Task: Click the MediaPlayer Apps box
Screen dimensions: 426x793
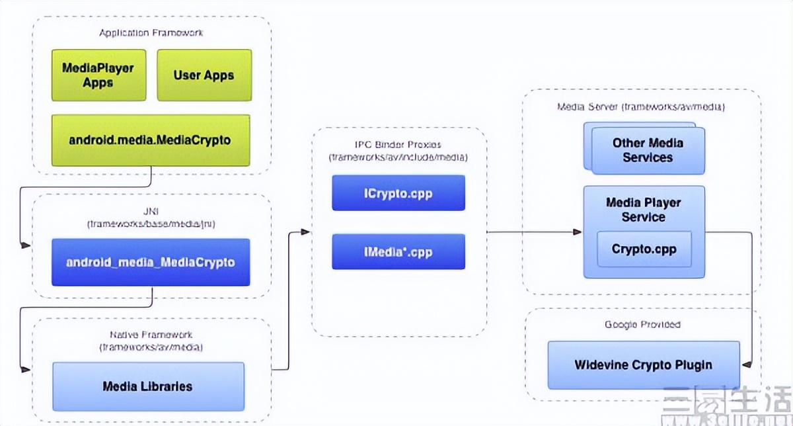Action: (x=98, y=75)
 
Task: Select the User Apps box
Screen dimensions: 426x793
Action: (x=204, y=75)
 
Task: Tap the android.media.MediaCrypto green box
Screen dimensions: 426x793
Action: (x=151, y=140)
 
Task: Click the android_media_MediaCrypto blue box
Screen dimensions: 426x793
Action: (x=151, y=262)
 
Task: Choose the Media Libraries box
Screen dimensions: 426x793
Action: (x=148, y=386)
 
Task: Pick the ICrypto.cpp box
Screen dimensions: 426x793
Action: (x=398, y=192)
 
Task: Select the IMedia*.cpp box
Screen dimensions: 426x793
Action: (x=398, y=251)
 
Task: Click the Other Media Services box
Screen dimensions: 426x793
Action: (x=647, y=150)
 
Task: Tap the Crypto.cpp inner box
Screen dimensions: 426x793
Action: (x=644, y=249)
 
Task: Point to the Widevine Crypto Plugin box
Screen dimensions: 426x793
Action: (x=644, y=364)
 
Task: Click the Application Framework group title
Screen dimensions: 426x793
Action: (x=151, y=32)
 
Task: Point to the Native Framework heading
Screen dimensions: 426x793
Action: (x=151, y=335)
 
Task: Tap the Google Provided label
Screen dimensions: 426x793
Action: (x=642, y=324)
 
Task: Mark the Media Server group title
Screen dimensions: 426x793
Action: (x=642, y=106)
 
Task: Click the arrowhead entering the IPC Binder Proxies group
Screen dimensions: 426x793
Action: (x=306, y=232)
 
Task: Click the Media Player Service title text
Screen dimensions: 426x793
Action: (x=643, y=210)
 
